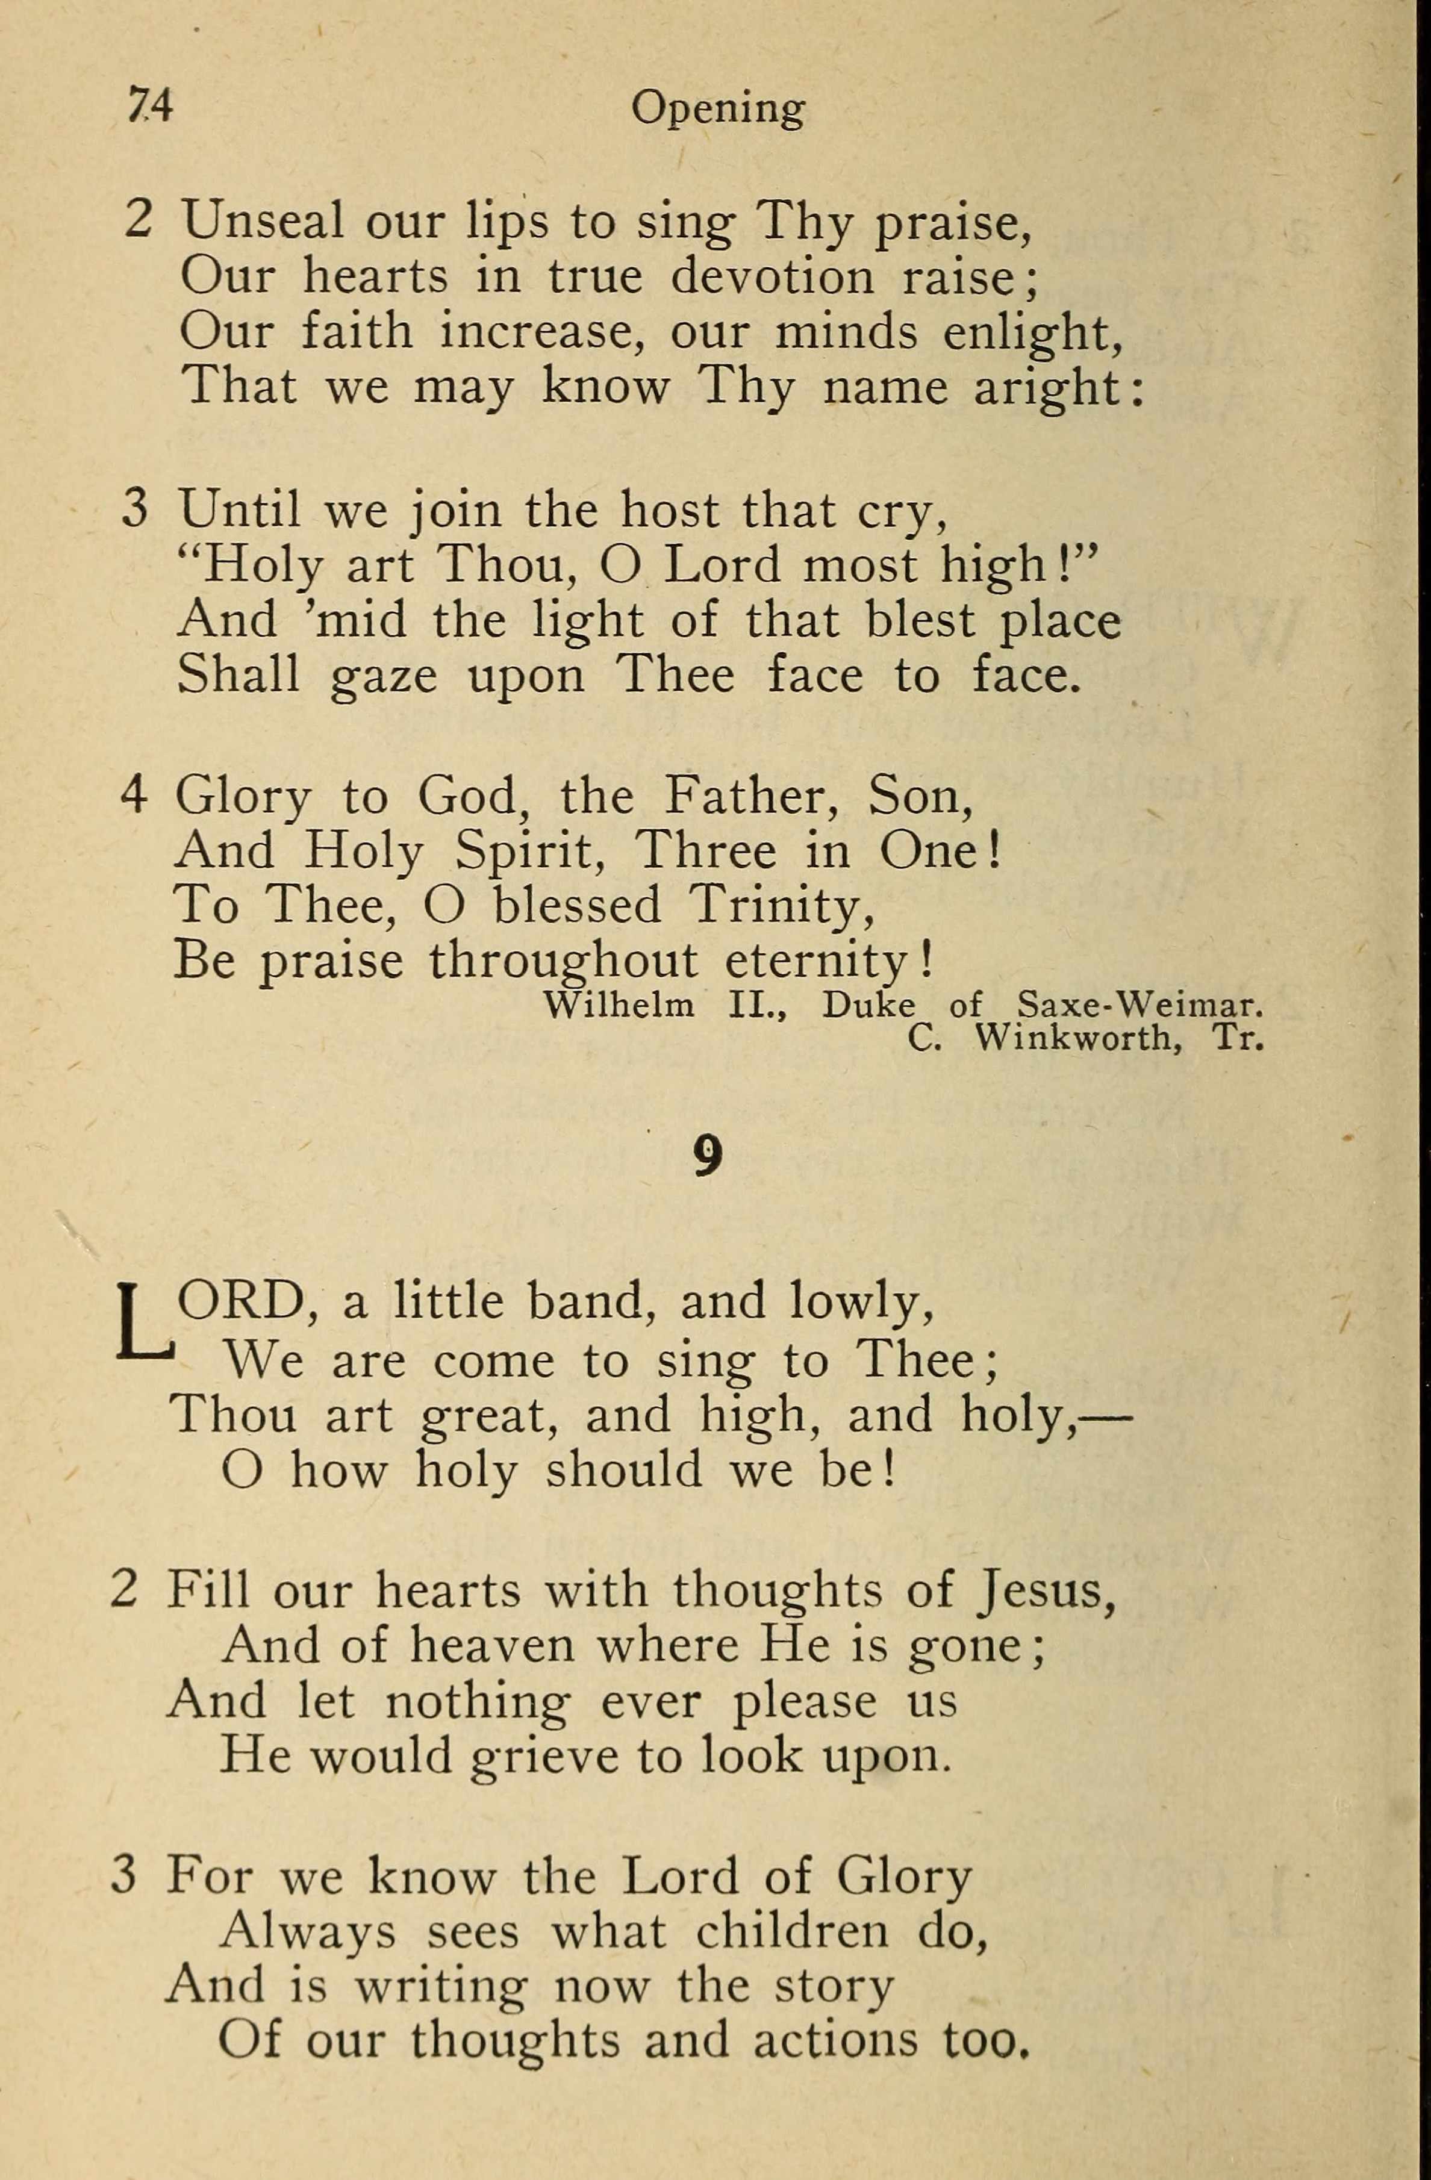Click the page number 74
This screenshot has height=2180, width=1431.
150,107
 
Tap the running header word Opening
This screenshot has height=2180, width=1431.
717,111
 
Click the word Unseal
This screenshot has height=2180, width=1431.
263,221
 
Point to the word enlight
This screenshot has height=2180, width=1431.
1032,332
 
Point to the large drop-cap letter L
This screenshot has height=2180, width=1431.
144,1322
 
